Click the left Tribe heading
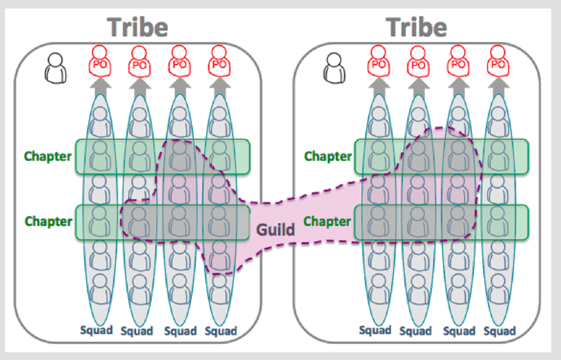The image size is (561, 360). (138, 27)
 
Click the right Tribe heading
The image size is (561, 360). (417, 27)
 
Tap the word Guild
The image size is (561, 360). (275, 229)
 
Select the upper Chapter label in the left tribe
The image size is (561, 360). (48, 156)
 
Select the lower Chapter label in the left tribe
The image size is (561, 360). (48, 221)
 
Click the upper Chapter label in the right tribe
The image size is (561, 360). (328, 156)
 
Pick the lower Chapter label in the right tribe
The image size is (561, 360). (327, 221)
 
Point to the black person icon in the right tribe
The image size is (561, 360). (334, 68)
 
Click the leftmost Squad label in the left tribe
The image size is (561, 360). (96, 330)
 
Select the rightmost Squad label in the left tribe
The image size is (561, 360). (220, 331)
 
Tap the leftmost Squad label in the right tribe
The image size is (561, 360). (375, 330)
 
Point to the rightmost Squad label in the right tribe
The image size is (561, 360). (499, 331)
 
